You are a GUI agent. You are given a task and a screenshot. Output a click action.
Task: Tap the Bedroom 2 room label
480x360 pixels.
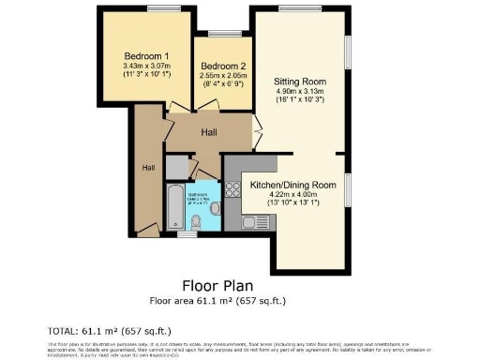pos(223,65)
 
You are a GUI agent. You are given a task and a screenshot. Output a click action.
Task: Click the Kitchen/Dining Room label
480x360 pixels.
pos(292,186)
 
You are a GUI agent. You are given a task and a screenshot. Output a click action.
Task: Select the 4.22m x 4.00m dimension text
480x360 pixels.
pos(292,196)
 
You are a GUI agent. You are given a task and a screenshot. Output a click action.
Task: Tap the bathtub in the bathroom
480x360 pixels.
pos(175,206)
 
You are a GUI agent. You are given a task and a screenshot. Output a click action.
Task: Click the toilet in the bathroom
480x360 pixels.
pos(197,221)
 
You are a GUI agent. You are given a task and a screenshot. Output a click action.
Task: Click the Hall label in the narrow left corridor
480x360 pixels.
pos(148,168)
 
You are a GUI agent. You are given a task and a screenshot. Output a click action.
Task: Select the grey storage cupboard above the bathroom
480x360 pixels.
pos(176,166)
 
